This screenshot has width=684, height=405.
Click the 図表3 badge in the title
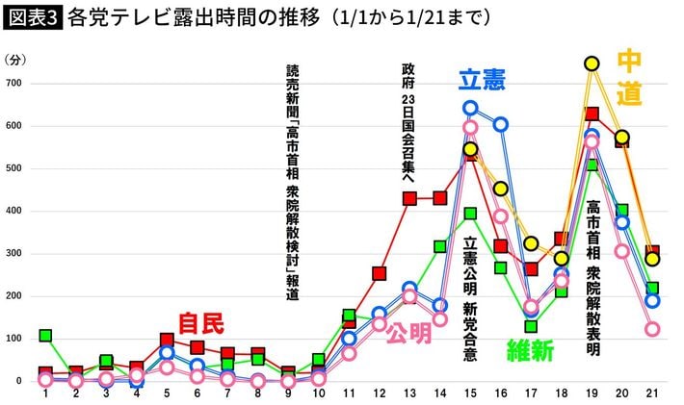point(34,18)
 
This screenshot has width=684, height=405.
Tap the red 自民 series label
point(200,322)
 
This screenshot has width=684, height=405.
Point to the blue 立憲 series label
point(482,81)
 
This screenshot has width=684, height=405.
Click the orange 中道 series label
point(628,77)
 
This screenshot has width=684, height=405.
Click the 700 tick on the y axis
point(15,84)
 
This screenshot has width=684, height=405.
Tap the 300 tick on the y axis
point(15,254)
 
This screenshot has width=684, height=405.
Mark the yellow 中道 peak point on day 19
point(592,63)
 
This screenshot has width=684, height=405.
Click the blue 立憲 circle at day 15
point(470,109)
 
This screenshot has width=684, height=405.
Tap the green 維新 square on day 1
point(45,336)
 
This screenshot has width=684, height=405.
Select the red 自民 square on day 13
point(409,199)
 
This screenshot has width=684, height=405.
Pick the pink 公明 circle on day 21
point(652,329)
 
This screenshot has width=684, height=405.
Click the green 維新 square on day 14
point(440,247)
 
